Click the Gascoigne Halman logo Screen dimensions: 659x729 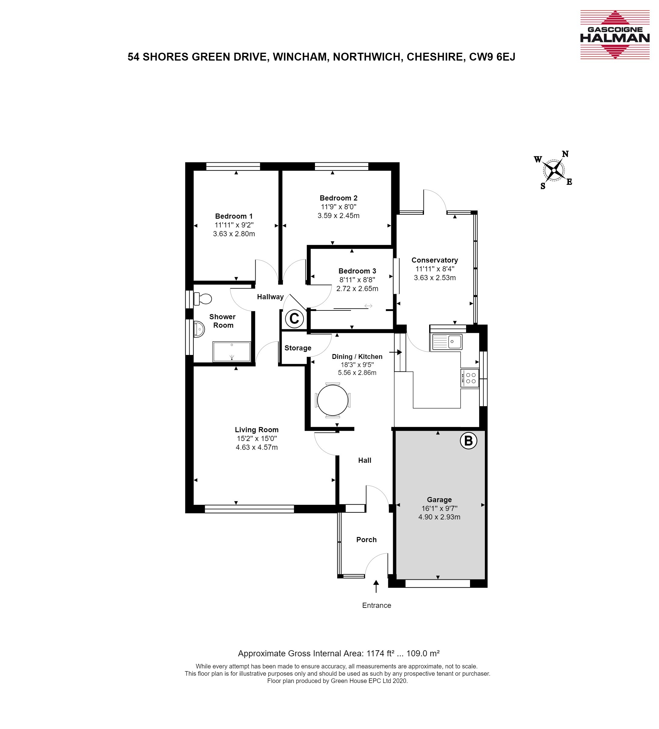point(614,35)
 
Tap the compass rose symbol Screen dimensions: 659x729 point(553,170)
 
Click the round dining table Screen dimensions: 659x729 point(333,400)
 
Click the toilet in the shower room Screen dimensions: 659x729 point(202,299)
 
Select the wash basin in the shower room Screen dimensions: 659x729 point(199,329)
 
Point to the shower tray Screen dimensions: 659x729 point(231,352)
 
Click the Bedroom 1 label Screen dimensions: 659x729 point(234,216)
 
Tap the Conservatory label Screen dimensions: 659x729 point(435,260)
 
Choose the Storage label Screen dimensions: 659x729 point(298,348)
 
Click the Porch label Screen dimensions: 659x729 point(366,539)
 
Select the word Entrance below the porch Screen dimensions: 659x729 point(377,605)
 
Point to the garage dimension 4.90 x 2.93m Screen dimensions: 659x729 point(439,517)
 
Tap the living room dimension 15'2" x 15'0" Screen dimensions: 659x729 point(257,439)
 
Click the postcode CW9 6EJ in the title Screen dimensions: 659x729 point(492,57)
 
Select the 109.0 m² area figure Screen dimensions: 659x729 point(423,653)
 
